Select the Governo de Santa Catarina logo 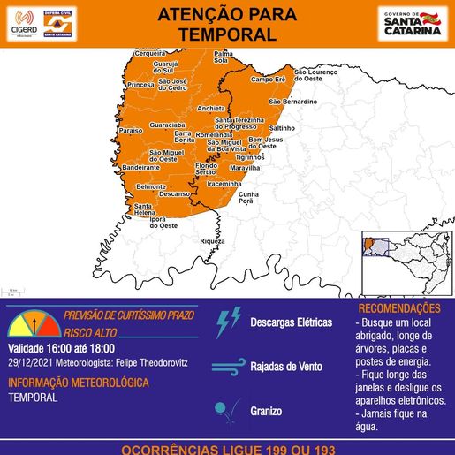411,22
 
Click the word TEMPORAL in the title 227,34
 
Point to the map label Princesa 140,85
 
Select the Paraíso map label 130,130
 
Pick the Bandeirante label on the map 141,167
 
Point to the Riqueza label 213,240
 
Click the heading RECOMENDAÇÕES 394,308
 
